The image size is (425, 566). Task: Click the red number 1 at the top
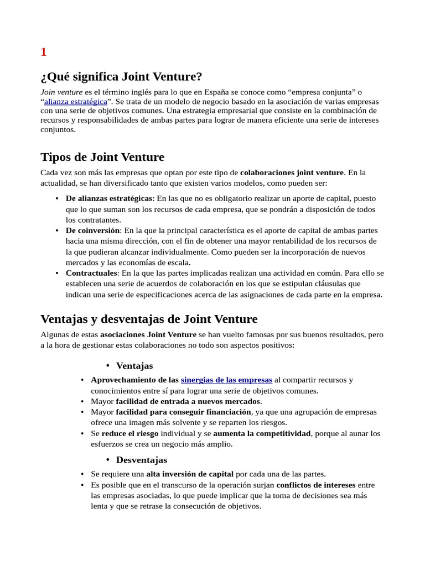point(44,52)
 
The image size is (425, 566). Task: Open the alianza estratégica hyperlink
point(76,102)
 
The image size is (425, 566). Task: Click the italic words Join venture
point(61,92)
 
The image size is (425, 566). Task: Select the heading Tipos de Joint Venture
point(102,157)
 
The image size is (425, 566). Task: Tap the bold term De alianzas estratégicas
point(108,198)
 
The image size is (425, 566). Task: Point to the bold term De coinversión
point(92,230)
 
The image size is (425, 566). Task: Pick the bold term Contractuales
point(91,273)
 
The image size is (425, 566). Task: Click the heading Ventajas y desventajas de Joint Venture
point(149,319)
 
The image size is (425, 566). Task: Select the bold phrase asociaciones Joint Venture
point(148,334)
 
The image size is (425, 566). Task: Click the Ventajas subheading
point(134,366)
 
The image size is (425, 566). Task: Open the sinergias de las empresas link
point(226,380)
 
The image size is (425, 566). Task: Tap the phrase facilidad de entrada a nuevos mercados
point(188,401)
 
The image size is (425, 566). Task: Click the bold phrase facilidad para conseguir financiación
point(183,412)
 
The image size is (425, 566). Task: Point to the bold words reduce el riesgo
point(129,433)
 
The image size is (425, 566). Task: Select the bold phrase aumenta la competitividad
point(262,433)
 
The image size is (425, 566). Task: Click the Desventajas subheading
point(141,460)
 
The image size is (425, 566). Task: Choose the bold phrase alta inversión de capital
point(190,474)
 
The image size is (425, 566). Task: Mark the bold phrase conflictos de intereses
point(316,485)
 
